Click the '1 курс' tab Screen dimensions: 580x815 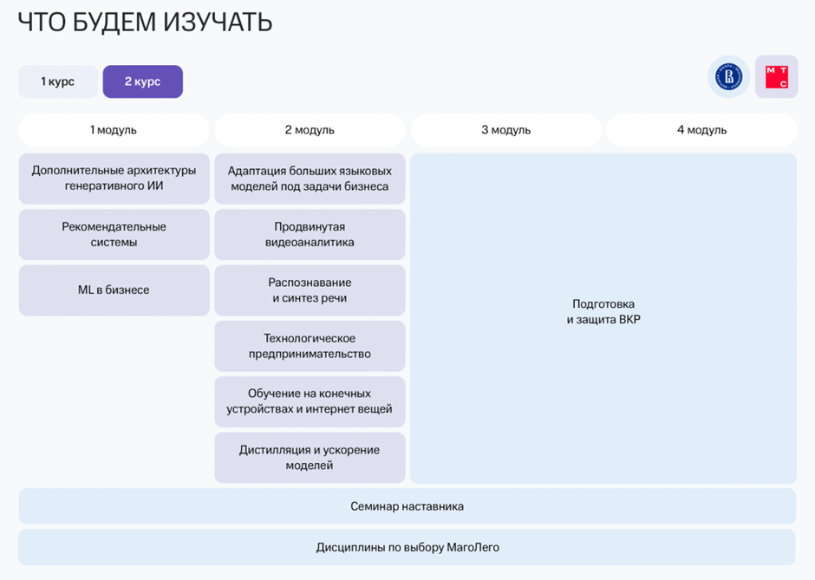click(x=57, y=81)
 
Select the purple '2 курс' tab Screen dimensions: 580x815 click(x=142, y=81)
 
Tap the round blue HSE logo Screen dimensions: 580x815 click(x=728, y=77)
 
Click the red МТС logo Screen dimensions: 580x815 click(x=776, y=77)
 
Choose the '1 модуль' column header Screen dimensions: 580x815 click(x=114, y=130)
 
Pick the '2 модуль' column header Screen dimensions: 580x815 click(x=310, y=130)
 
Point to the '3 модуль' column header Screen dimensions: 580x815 click(x=505, y=130)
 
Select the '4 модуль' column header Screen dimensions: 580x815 click(x=701, y=130)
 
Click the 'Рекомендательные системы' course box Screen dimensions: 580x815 click(x=114, y=234)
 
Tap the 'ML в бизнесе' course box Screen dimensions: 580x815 click(x=114, y=290)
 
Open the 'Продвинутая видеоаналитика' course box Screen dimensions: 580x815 click(x=310, y=234)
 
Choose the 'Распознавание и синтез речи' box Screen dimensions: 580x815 click(x=310, y=290)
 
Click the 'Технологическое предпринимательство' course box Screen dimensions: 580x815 click(x=310, y=346)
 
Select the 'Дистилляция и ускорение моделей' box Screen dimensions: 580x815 click(x=310, y=458)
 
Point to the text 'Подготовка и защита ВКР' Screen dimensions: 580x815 click(x=603, y=312)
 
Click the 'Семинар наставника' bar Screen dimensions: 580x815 click(x=407, y=506)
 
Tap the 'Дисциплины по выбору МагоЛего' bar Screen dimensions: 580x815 click(x=407, y=547)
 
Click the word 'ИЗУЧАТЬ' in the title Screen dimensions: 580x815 click(x=218, y=23)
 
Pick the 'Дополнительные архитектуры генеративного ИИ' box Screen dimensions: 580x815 click(x=114, y=179)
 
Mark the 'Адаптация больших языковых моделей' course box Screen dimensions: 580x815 click(x=310, y=179)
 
